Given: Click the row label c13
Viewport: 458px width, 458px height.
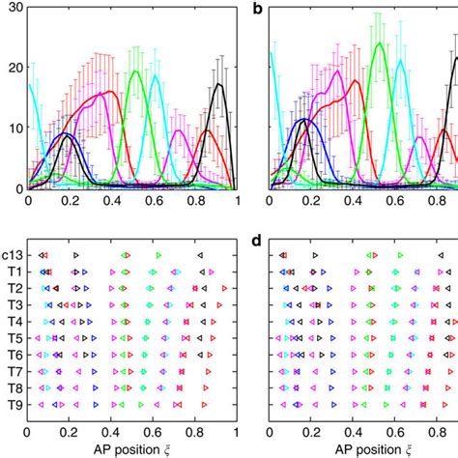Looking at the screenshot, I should (12, 256).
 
